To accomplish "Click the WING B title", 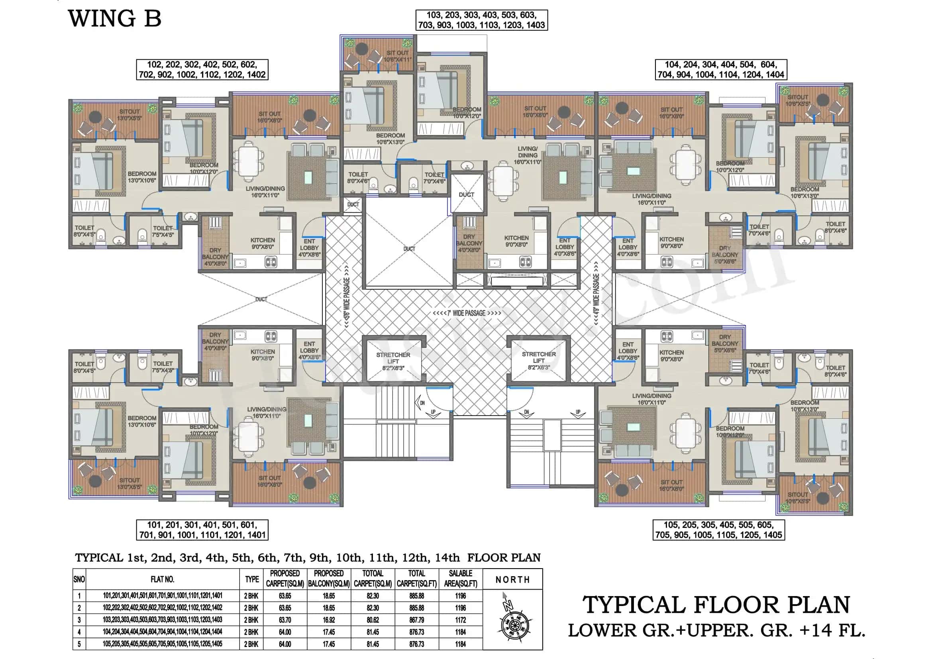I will [115, 19].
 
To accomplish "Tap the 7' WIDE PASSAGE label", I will [467, 313].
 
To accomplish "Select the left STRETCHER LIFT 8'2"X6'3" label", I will [393, 361].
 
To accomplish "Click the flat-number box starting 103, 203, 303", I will [481, 20].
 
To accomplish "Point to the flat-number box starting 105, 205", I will [718, 530].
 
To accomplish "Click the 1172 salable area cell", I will [460, 620].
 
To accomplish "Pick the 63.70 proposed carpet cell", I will [285, 620].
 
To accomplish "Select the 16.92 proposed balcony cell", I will [329, 620].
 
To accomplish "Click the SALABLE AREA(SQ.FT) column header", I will [460, 579].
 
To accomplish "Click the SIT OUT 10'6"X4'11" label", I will [398, 56].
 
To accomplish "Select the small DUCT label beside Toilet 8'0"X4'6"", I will [353, 204].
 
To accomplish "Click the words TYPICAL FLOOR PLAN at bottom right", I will [716, 605].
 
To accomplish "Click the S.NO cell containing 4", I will [79, 632].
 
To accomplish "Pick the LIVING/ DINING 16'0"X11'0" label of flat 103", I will [528, 155].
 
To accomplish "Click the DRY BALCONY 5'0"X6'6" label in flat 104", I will [725, 255].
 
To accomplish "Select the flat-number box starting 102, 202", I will [202, 70].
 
